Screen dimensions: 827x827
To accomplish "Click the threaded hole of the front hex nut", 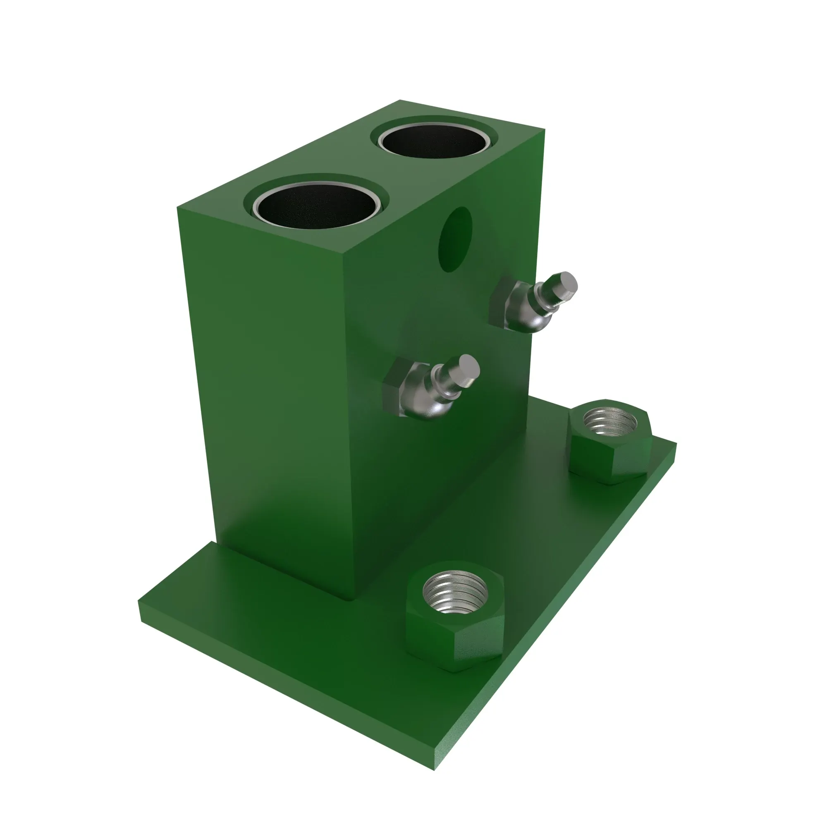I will pyautogui.click(x=455, y=592).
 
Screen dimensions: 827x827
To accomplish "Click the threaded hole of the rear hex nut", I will pyautogui.click(x=604, y=421).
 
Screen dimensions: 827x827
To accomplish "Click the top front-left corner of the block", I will pyautogui.click(x=178, y=208).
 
